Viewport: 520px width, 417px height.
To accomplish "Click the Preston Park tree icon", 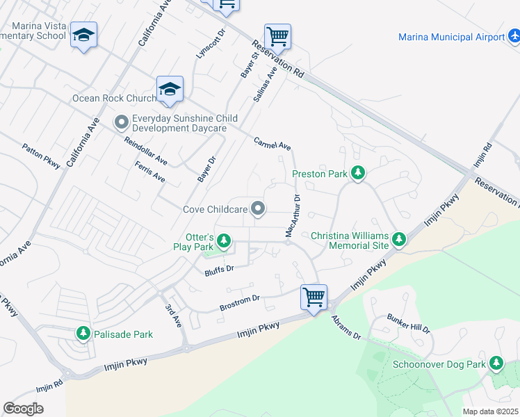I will click(357, 173).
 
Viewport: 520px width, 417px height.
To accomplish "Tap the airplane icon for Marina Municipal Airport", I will click(513, 35).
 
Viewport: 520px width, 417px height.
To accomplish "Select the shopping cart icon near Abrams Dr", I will click(314, 297).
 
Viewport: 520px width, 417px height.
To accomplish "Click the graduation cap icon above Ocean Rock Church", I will click(170, 88).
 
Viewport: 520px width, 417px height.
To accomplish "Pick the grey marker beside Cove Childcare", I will click(259, 208).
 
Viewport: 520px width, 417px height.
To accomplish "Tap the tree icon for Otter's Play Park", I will click(223, 241).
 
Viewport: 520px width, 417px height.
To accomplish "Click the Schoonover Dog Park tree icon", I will click(496, 363).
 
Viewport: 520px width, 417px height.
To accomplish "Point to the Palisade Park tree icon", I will click(83, 334).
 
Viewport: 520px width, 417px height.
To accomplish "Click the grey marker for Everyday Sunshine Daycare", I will click(121, 123).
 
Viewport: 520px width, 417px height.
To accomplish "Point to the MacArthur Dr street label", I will click(292, 215).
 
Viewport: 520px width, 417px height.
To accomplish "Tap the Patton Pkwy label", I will click(41, 158).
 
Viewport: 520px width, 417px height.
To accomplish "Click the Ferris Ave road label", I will click(150, 170).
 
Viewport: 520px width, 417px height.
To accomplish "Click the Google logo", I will click(23, 408).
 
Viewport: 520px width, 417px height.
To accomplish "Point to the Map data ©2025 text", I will click(489, 411).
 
